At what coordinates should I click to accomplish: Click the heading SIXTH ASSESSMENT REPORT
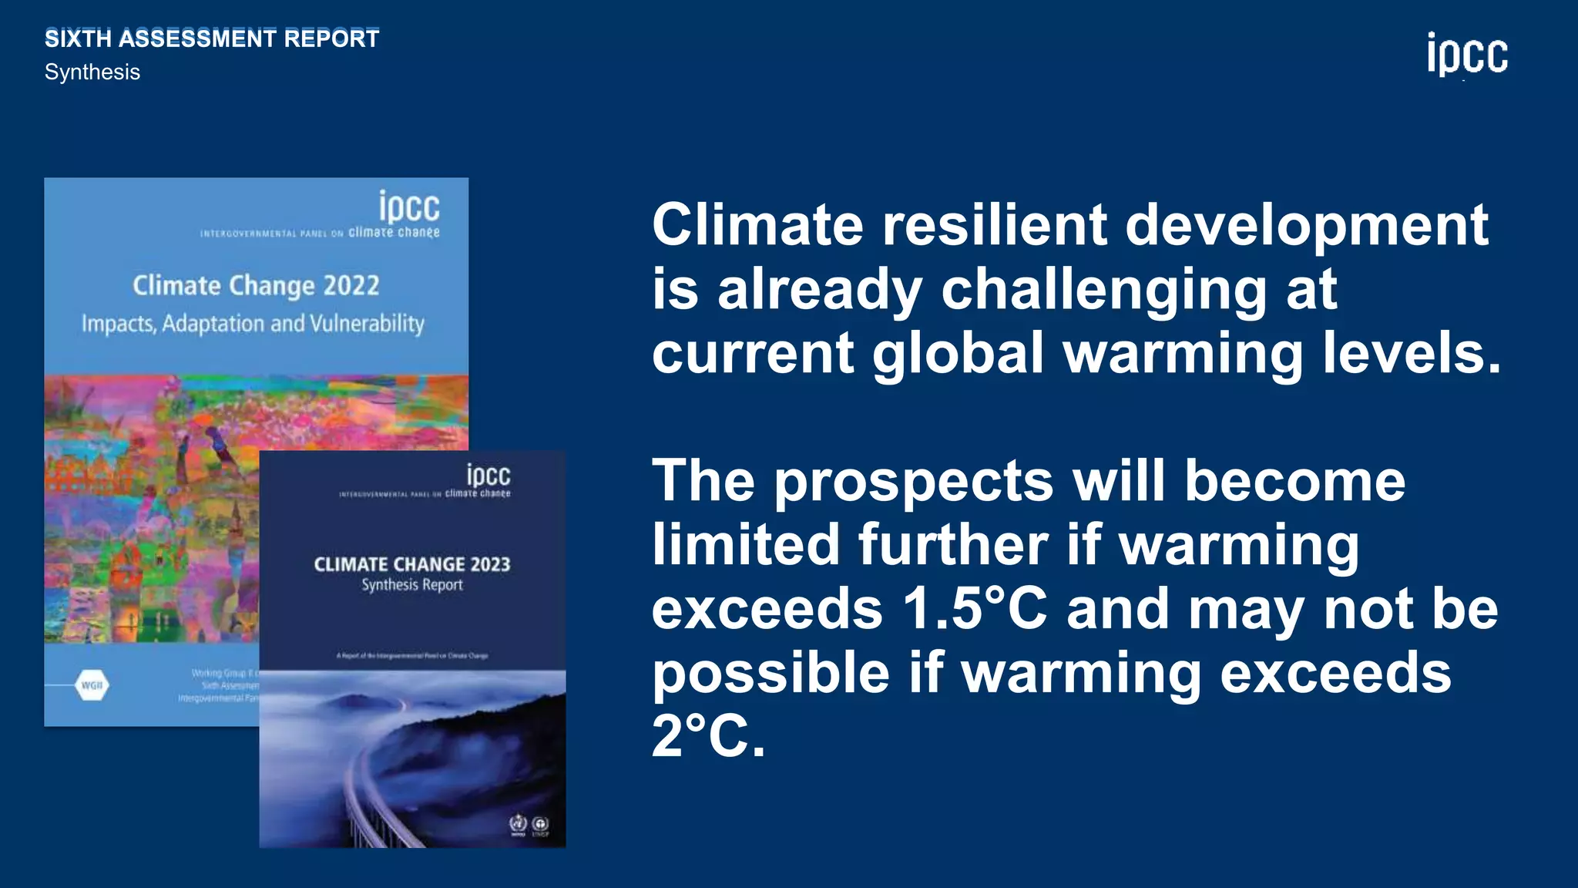coord(212,39)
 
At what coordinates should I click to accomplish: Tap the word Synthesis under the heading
coord(92,72)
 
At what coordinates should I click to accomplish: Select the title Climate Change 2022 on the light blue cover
coord(256,286)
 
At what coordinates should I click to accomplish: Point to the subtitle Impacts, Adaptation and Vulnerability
coord(253,324)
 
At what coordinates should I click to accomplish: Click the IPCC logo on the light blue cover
coord(408,208)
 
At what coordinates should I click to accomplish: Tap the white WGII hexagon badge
coord(92,684)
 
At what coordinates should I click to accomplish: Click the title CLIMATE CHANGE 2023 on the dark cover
coord(412,564)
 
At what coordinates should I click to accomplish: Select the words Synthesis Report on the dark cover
coord(412,585)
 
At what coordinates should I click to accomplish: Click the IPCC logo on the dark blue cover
coord(488,475)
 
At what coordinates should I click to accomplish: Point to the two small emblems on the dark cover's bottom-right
coord(529,825)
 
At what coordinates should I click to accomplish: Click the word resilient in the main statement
coord(993,225)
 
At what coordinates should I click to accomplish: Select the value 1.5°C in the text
coord(975,609)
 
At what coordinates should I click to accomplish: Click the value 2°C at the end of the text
coord(707,736)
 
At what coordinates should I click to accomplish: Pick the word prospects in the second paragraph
coord(914,482)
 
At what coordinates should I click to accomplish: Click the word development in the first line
coord(1306,225)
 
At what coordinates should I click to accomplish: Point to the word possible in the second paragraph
coord(771,673)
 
